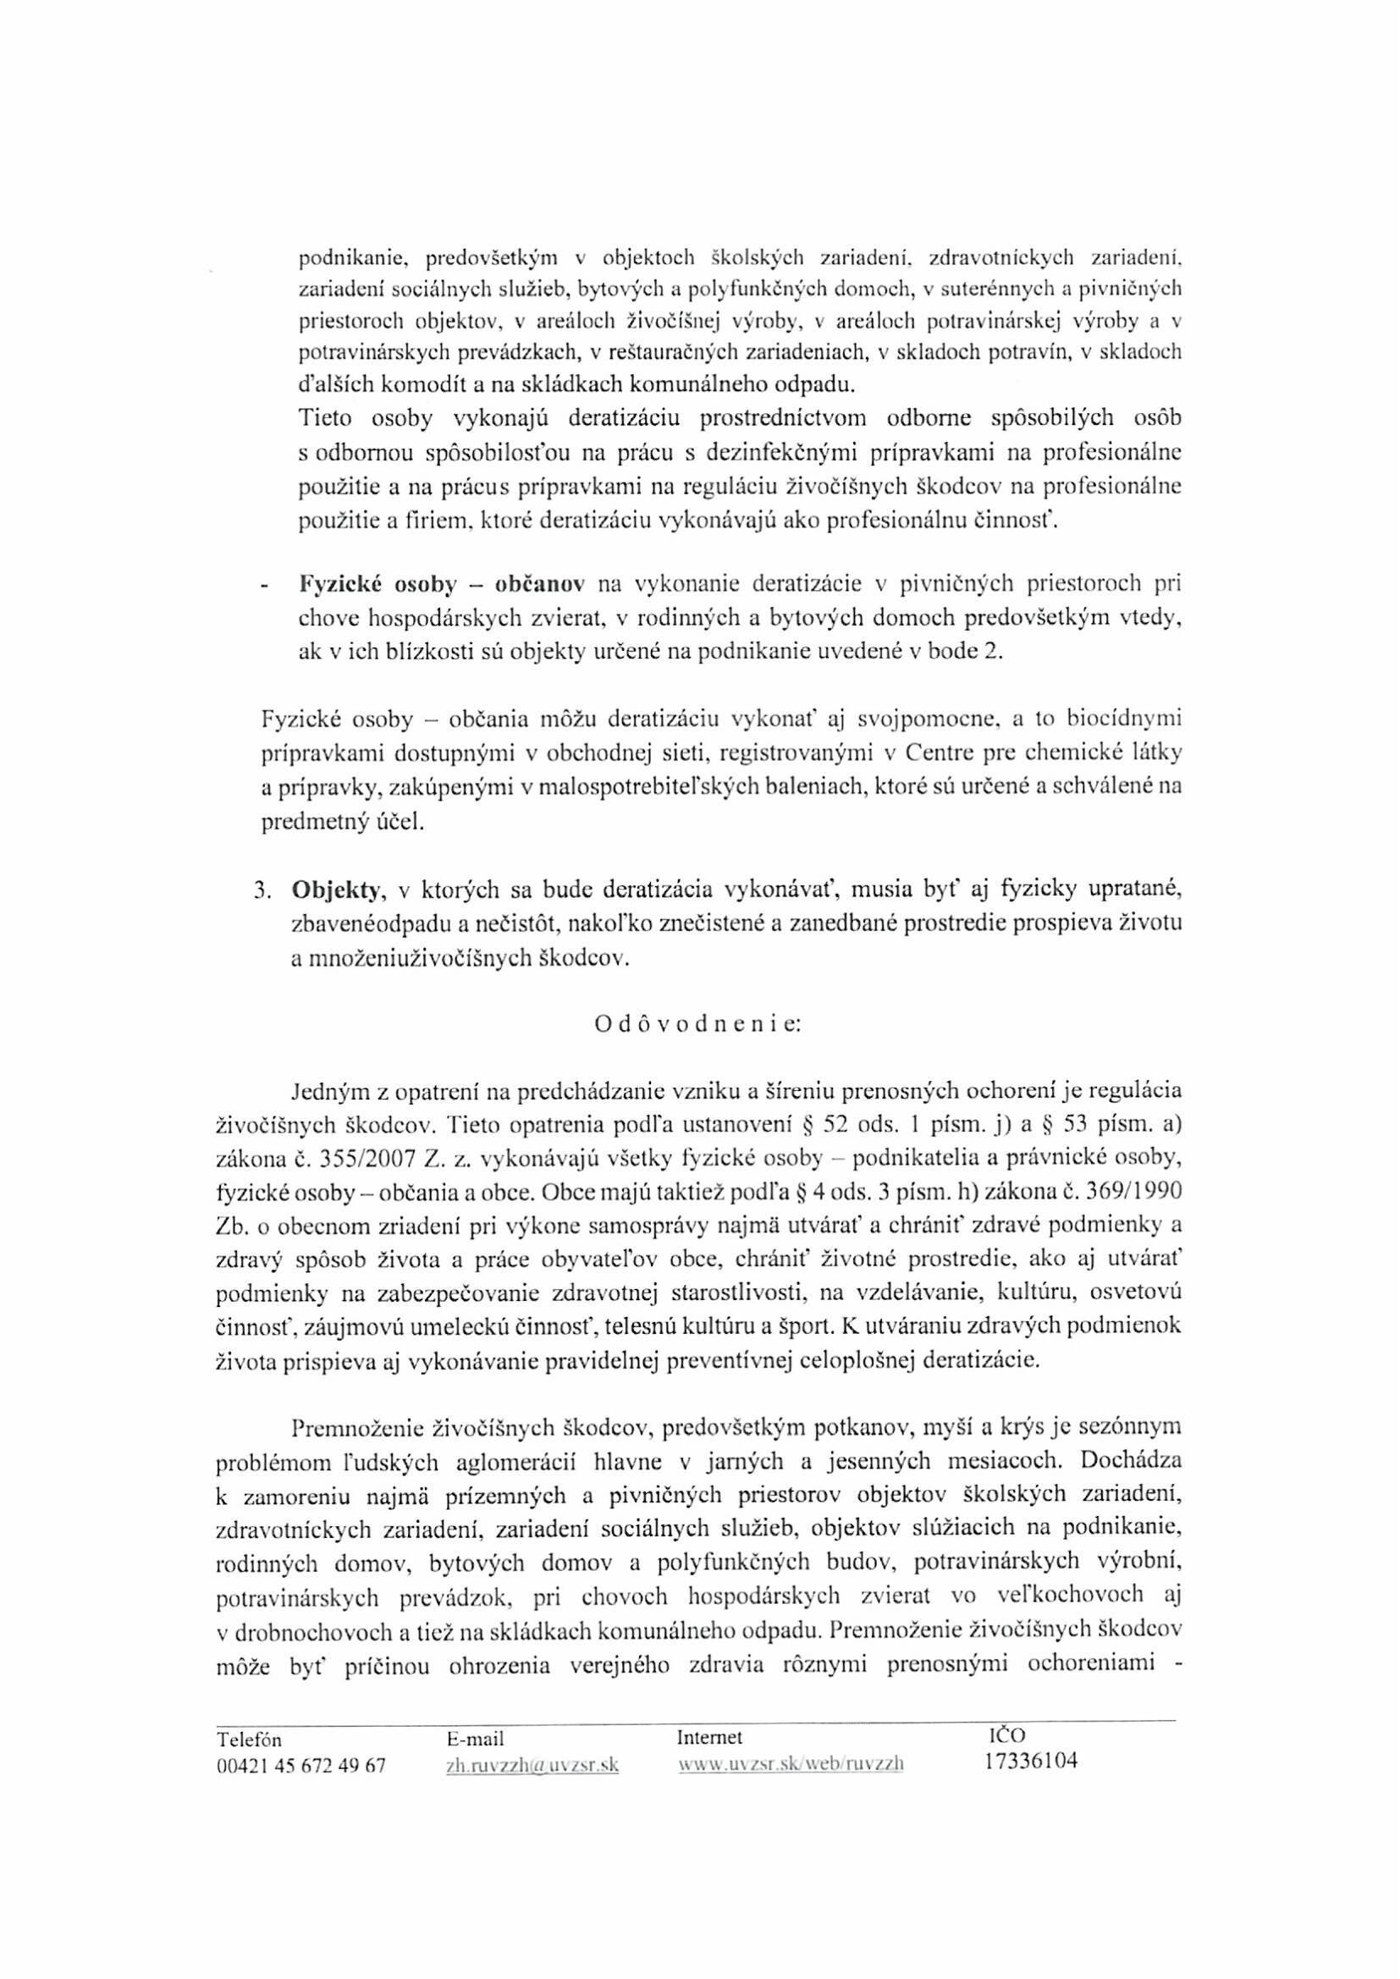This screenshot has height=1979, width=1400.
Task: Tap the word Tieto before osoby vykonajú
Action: pyautogui.click(x=326, y=419)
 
